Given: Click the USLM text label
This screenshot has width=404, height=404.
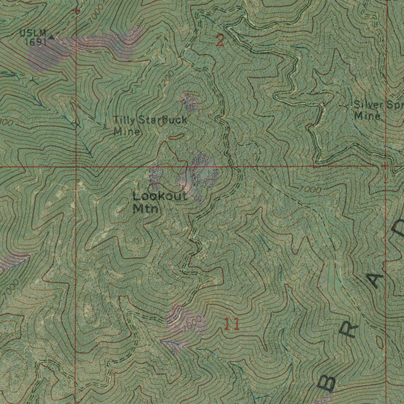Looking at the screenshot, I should pos(33,33).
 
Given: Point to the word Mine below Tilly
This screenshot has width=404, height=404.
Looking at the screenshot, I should pos(126,131).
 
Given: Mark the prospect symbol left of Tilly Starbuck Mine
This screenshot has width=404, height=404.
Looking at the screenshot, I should pos(105,127).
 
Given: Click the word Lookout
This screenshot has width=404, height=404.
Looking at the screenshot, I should pos(160,196).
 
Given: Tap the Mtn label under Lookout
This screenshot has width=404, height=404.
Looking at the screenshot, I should pos(146,208).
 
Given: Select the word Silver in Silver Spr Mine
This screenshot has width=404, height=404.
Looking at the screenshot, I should pos(368,105).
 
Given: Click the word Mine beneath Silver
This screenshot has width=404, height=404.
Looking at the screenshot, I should pos(367,116).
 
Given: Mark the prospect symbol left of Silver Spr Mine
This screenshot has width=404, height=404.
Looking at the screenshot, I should pos(347,106).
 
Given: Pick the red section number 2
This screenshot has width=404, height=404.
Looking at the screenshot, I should pos(220,41).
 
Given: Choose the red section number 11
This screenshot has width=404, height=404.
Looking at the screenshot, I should pos(232,324).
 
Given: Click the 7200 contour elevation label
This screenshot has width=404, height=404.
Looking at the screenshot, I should pos(166,81).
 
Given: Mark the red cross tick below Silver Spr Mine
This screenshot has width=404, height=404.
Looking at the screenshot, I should pos(385,166).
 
